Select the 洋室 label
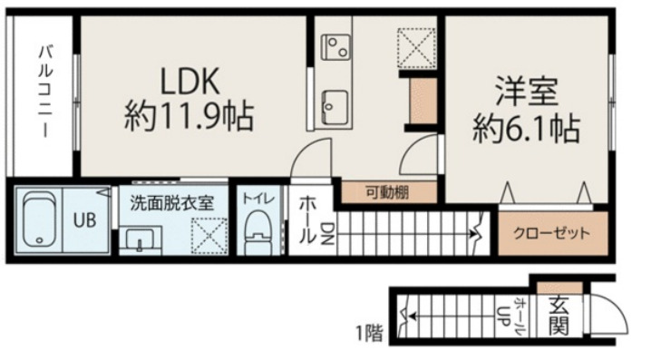[525, 92]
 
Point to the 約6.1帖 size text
[525, 128]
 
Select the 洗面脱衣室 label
[170, 202]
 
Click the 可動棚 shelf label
[387, 191]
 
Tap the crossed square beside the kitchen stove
[417, 47]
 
